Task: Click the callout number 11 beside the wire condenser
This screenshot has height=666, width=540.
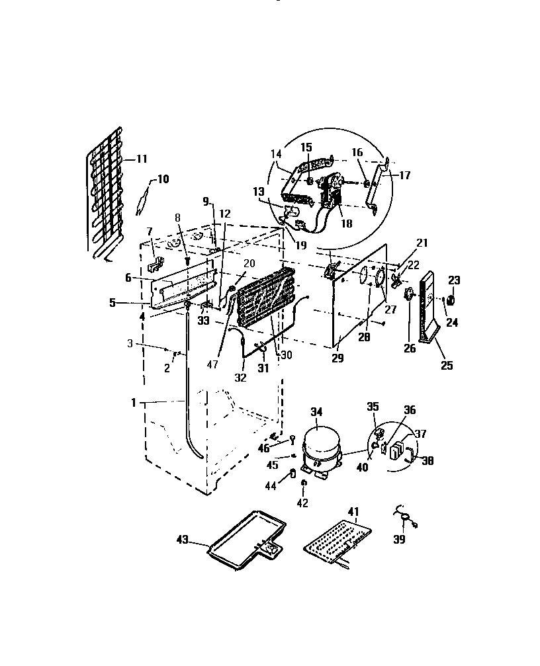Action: (142, 159)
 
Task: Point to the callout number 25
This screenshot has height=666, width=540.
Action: (447, 364)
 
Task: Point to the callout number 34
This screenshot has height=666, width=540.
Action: (316, 412)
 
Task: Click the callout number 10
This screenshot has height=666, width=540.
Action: (163, 179)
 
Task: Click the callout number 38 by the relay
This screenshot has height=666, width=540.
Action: (426, 462)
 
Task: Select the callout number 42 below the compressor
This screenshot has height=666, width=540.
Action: (302, 503)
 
